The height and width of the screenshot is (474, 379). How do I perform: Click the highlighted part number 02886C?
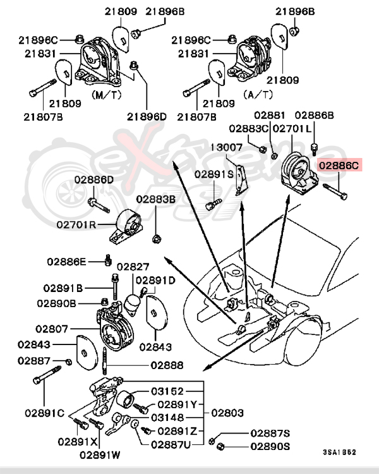339,166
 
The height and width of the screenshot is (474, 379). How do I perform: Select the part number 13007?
226,147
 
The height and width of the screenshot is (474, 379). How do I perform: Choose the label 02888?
167,365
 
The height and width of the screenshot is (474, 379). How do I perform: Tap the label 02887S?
270,434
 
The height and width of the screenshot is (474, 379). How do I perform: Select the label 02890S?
270,447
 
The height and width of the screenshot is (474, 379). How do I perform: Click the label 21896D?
147,116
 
